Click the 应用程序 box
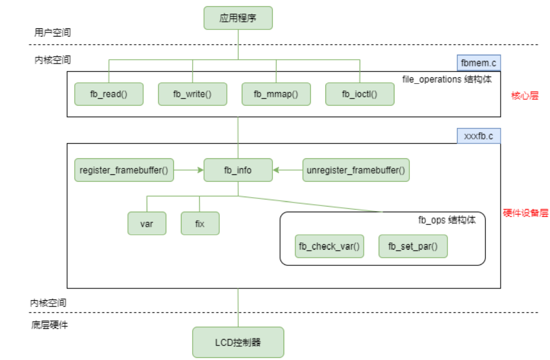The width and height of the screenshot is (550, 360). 238,18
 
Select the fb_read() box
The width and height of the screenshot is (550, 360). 108,94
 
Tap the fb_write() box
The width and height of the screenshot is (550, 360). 192,94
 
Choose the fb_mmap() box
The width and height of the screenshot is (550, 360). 276,94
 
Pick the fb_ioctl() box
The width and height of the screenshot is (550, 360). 359,94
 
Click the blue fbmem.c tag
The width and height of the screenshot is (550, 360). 479,63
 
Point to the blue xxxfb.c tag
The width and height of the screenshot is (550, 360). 479,136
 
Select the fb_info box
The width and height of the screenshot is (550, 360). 238,170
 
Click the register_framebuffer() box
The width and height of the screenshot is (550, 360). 124,170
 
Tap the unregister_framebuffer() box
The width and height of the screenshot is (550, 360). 356,170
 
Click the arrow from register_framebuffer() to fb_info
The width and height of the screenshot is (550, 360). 189,170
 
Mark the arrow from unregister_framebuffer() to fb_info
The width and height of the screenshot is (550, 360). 288,170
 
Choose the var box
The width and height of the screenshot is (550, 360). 147,223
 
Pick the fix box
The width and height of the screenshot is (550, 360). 200,223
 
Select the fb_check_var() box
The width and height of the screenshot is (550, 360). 329,246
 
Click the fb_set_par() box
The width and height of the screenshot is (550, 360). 413,246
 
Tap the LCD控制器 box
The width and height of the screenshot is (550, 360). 238,342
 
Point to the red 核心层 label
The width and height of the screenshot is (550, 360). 525,96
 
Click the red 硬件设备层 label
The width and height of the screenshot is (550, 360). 526,213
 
